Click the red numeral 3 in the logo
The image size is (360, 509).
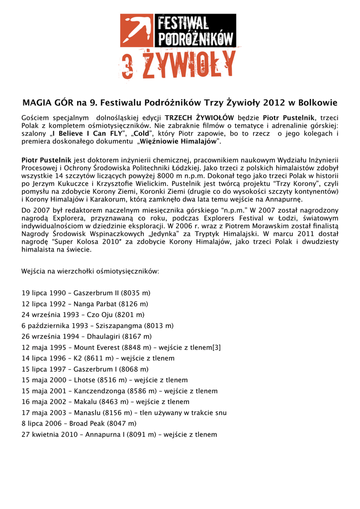point(129,66)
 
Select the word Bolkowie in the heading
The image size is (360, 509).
point(317,103)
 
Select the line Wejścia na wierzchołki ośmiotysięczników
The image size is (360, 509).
point(90,271)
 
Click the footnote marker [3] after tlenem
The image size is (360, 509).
point(216,347)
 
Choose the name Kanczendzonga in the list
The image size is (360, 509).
point(99,391)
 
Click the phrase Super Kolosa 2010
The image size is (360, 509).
point(84,242)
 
